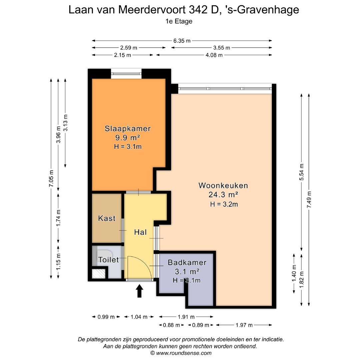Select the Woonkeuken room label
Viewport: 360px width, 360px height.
(223, 185)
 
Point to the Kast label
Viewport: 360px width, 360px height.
(107, 218)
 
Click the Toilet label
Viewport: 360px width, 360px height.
(108, 259)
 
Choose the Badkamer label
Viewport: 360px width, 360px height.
(187, 263)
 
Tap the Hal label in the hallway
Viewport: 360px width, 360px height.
(140, 232)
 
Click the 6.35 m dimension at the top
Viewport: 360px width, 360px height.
(182, 41)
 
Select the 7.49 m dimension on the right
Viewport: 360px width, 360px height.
(309, 200)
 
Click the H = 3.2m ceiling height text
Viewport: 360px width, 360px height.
(224, 204)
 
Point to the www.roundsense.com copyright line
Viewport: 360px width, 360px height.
(181, 353)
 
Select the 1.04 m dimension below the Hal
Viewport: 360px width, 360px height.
(139, 317)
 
